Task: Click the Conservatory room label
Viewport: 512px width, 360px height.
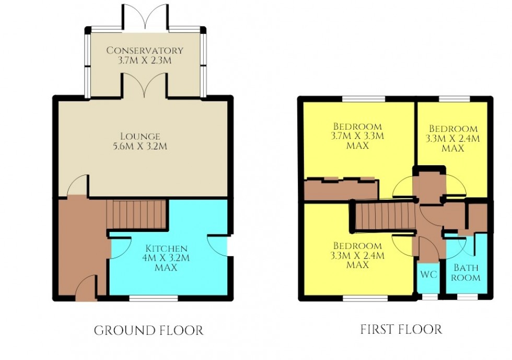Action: [x=145, y=51]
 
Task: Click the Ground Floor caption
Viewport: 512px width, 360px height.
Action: [x=148, y=330]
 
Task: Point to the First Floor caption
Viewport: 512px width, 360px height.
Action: [x=401, y=329]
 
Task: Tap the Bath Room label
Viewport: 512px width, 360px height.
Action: [x=466, y=272]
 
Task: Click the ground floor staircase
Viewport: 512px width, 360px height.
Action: [x=136, y=214]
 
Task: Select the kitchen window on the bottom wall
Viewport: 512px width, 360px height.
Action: [x=153, y=298]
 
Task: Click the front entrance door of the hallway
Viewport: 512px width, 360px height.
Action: [x=86, y=290]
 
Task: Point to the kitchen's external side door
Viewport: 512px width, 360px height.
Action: [x=218, y=246]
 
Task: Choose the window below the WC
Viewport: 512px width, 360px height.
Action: [x=429, y=297]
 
